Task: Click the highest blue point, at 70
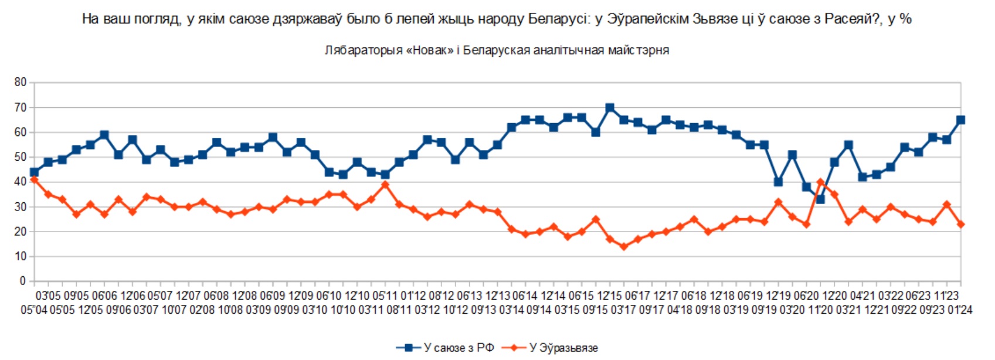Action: pos(609,108)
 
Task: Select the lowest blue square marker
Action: pos(820,199)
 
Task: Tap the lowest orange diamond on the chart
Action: pos(623,247)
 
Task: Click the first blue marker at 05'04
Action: pos(34,172)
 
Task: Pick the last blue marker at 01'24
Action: pos(960,120)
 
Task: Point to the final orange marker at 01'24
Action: pos(960,225)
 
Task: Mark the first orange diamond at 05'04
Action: pos(34,180)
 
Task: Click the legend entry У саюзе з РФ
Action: pos(446,348)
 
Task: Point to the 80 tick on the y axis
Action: pos(21,83)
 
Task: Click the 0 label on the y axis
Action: pos(23,281)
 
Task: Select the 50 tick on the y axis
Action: pos(21,157)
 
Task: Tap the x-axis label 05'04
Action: pos(34,310)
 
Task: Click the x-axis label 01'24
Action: pos(959,310)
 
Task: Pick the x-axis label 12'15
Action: pos(609,296)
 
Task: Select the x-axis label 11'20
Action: pos(820,310)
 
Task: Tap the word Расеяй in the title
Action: pos(853,19)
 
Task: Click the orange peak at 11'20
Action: pos(820,182)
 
